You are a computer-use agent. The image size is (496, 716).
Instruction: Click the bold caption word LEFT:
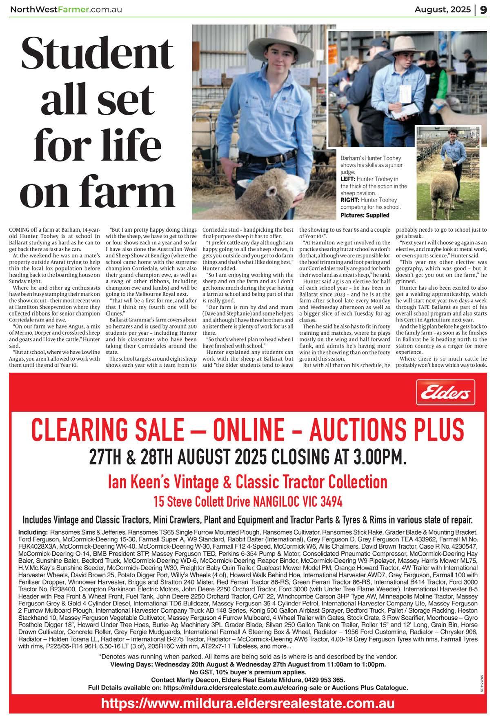(349, 179)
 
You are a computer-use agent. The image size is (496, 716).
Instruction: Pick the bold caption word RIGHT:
(350, 200)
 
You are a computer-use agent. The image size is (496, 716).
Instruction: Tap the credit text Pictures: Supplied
(365, 215)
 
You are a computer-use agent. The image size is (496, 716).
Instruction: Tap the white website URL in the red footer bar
(248, 704)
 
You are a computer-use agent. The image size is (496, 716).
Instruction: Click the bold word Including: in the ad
(33, 532)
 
